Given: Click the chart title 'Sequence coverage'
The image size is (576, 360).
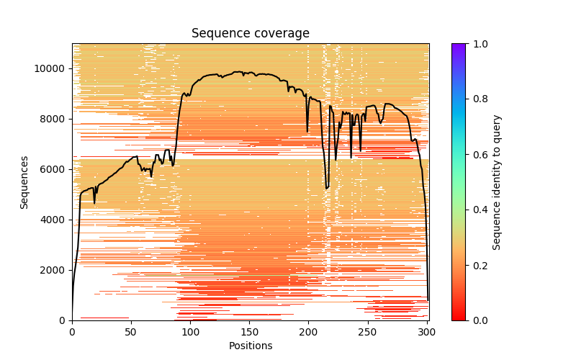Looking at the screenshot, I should (x=250, y=33).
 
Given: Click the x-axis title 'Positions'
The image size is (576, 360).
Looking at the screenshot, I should (x=250, y=346).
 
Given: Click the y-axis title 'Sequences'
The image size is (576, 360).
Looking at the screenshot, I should (x=24, y=182).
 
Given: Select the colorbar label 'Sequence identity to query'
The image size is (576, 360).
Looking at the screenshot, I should (x=497, y=182).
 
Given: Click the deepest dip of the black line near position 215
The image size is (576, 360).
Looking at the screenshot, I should (x=326, y=189).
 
